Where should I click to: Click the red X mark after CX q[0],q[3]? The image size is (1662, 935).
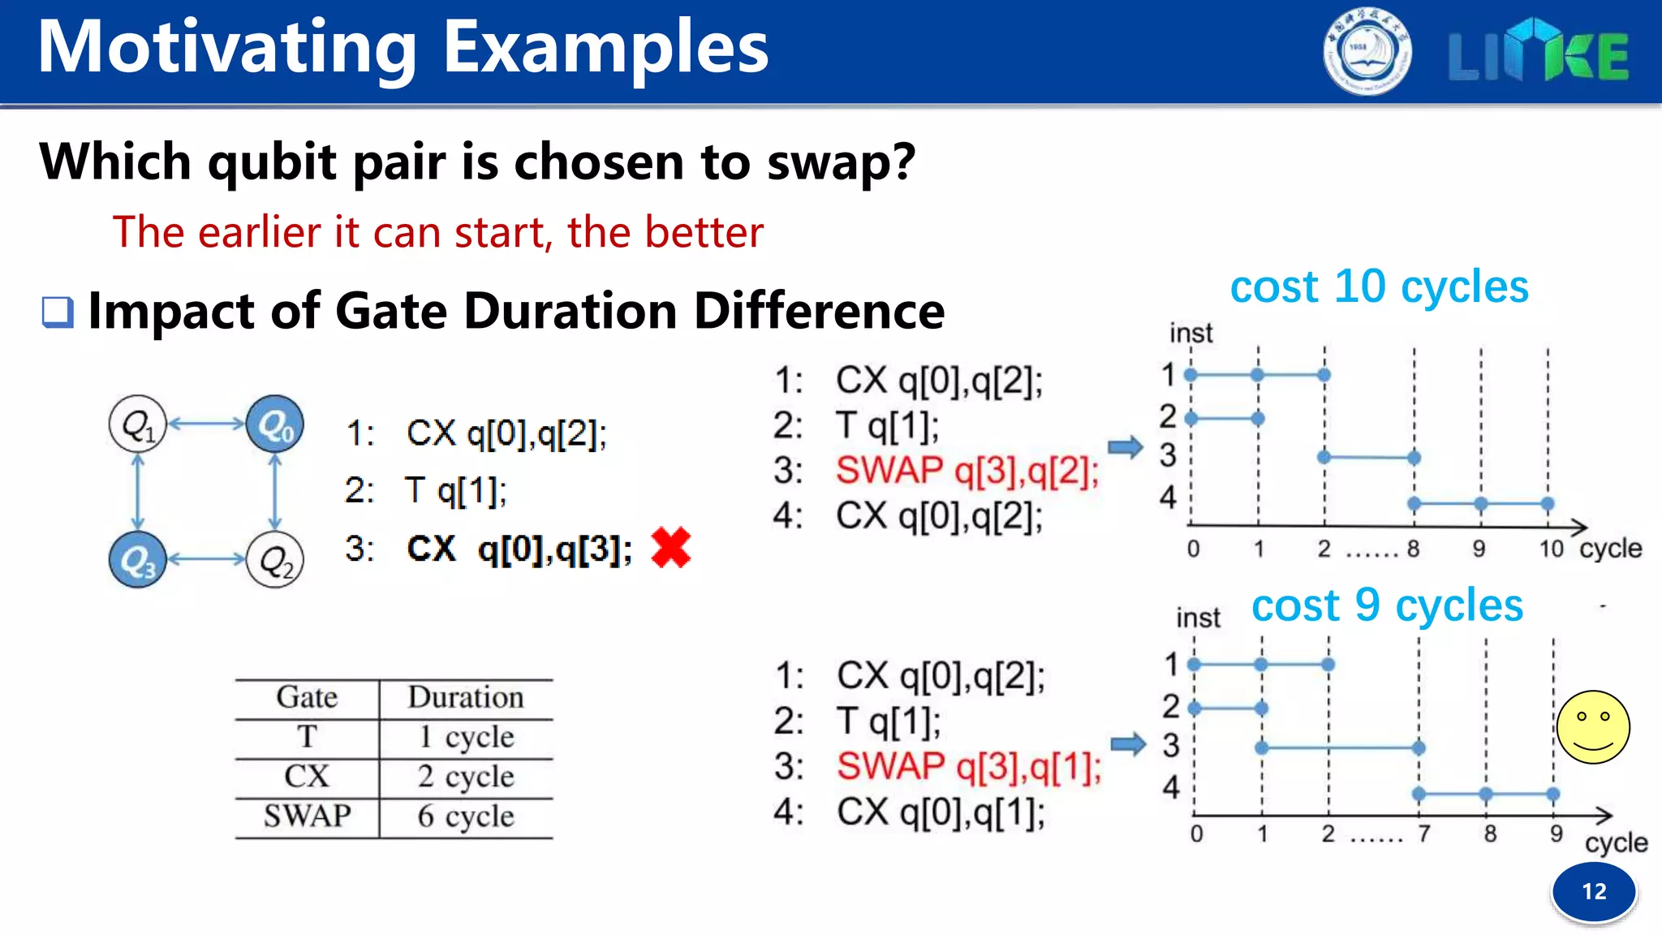670,548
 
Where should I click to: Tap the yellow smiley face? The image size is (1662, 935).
1593,727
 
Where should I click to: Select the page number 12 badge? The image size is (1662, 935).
1594,892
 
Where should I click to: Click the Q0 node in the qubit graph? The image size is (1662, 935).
275,424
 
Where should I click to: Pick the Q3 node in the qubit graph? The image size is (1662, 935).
138,560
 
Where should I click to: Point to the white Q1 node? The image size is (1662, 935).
138,424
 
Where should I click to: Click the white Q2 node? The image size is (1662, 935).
275,560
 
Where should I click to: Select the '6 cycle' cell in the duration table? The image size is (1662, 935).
466,817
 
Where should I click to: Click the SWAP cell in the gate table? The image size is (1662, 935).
307,816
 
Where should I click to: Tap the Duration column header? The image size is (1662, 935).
466,698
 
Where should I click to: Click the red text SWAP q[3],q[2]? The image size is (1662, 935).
967,471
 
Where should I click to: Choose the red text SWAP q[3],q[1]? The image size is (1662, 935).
969,766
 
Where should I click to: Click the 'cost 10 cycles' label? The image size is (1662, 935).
1379,287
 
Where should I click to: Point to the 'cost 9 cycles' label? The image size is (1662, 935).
1387,606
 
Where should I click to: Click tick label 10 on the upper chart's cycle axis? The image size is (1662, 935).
1551,549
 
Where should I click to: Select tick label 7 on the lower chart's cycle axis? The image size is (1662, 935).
1424,834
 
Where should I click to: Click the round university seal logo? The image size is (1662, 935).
1367,52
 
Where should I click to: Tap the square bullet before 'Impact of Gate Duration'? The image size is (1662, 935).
58,312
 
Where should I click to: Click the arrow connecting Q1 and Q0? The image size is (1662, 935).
206,423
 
